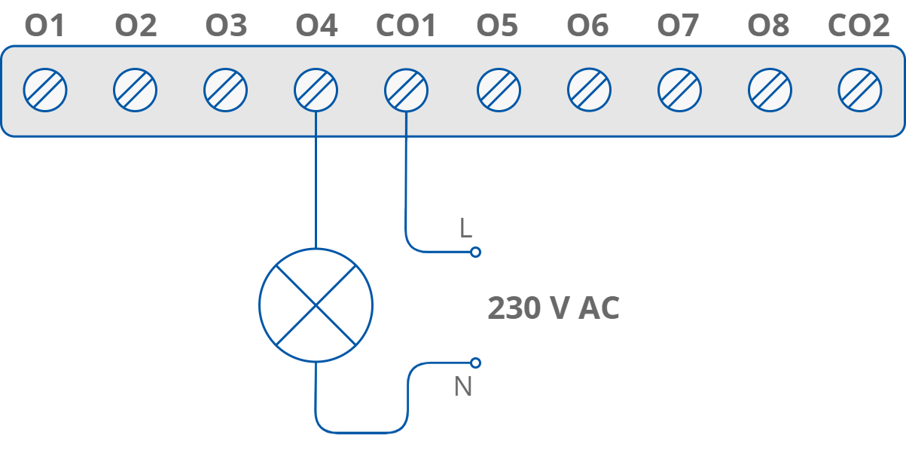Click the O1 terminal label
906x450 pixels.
tap(45, 26)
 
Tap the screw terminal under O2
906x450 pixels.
tap(136, 90)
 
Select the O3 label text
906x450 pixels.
tap(226, 26)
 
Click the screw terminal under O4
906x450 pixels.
tap(316, 90)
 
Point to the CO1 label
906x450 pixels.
tap(406, 26)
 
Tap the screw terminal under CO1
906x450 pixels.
tap(406, 90)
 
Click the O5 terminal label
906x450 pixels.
tap(497, 26)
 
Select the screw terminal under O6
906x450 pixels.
tap(589, 90)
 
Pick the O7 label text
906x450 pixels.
tap(678, 26)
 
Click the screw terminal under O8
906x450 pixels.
tap(770, 90)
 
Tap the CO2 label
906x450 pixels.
tap(859, 26)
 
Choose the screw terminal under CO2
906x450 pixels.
tap(860, 90)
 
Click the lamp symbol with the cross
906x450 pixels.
tap(316, 305)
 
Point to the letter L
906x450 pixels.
tap(465, 228)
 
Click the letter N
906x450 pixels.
tap(463, 387)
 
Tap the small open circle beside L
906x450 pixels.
tap(475, 252)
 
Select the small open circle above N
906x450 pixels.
tap(475, 363)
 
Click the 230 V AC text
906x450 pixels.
tap(554, 308)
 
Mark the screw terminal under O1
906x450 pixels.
tap(45, 90)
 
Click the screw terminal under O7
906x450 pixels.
tap(679, 90)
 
